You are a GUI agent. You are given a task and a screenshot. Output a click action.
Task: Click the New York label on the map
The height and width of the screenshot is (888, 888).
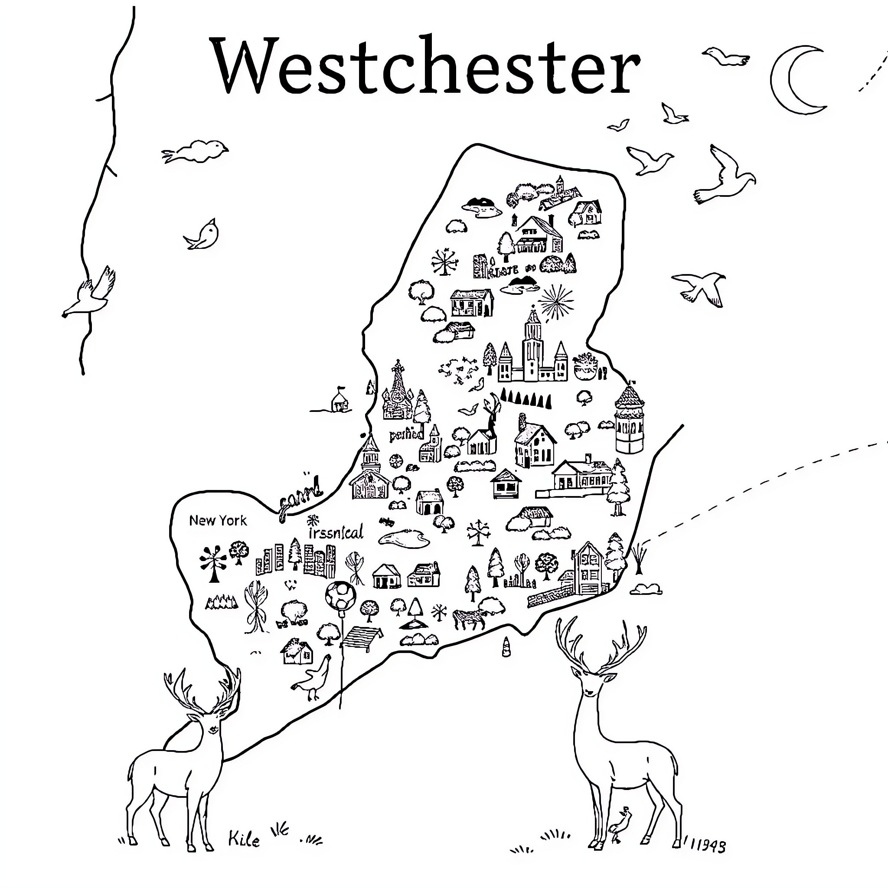coord(218,521)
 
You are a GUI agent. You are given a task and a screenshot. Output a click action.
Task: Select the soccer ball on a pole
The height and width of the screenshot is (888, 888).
coord(340,596)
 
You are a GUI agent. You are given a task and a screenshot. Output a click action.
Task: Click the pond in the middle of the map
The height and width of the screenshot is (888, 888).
coord(404,538)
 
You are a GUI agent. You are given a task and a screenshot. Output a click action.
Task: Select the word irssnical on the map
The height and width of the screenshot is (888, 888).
coord(336,532)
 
